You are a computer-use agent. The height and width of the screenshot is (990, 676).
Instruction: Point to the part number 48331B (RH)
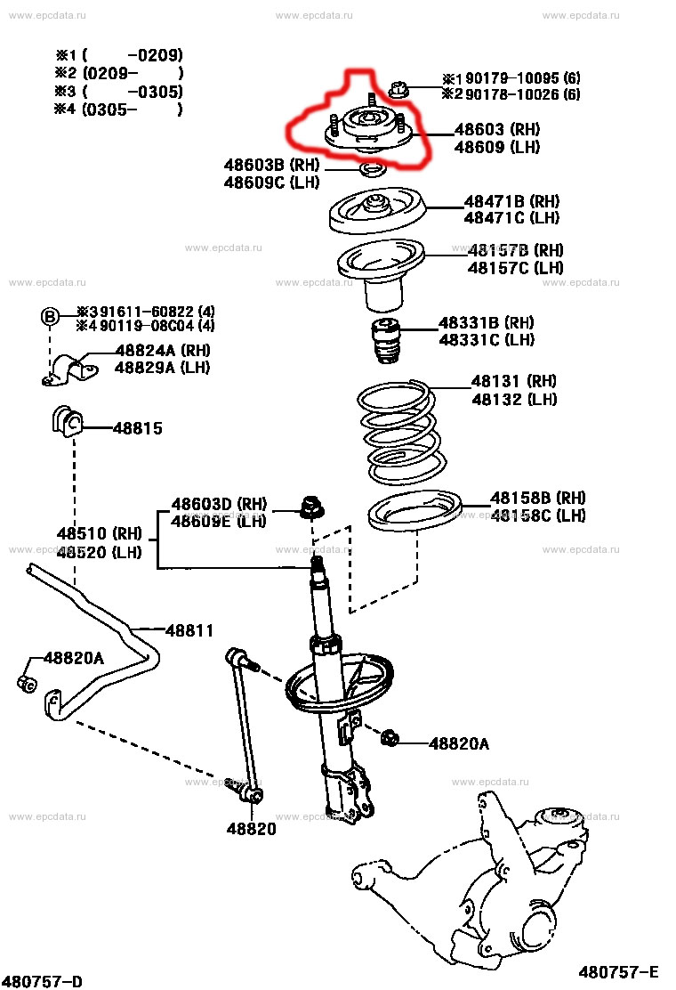coord(486,322)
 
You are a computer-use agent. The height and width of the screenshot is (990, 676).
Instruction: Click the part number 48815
coord(137,428)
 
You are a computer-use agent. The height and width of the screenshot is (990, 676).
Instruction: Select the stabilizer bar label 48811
coord(189,630)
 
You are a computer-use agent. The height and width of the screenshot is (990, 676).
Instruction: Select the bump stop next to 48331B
coord(387,341)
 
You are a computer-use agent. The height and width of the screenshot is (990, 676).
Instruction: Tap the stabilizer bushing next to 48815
coord(65,420)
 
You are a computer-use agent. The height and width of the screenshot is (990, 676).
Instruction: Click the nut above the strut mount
coord(399,88)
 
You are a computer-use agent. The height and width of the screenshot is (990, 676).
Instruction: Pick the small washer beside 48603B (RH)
coord(371,168)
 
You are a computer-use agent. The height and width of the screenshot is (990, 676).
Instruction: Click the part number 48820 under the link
coord(250,829)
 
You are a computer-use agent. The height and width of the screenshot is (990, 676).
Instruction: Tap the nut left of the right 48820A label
coord(390,737)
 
